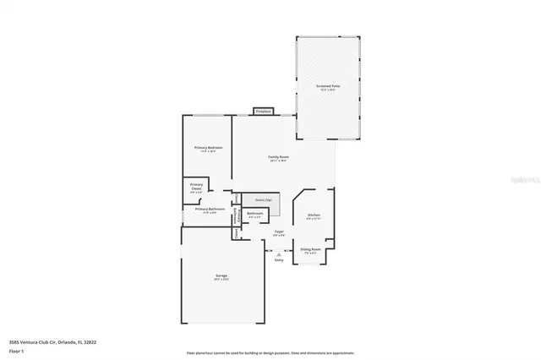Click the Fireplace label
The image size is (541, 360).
tap(264, 111)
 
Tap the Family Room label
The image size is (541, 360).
tap(279, 157)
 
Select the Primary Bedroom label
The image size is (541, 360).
tap(208, 148)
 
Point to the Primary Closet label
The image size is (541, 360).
tap(196, 186)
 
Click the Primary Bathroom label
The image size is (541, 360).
tap(210, 209)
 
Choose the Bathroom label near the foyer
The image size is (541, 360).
tap(255, 214)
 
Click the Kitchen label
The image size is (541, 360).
tap(314, 215)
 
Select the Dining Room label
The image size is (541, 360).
tap(310, 248)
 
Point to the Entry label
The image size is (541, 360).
tap(279, 259)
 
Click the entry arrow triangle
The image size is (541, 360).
tap(279, 252)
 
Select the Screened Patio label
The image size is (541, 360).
tap(328, 86)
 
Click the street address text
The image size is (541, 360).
tap(52, 341)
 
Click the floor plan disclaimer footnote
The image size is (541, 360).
tap(270, 353)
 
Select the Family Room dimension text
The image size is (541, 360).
tap(279, 161)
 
